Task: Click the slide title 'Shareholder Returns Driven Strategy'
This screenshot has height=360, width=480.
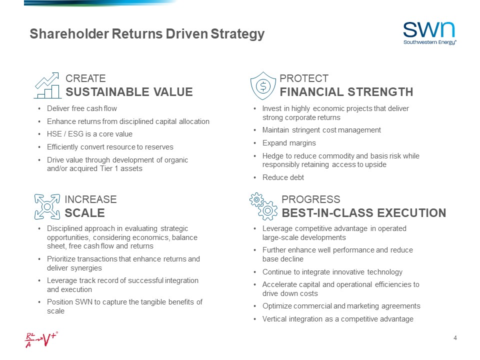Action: [146, 34]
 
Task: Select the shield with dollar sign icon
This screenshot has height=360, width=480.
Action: [262, 85]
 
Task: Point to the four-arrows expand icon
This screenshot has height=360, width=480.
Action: [47, 206]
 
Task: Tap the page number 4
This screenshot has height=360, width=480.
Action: [455, 338]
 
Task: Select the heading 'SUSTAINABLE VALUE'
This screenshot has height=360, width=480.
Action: [129, 92]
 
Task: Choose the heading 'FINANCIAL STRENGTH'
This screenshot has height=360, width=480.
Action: [346, 92]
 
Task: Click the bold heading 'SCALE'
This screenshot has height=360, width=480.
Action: [84, 213]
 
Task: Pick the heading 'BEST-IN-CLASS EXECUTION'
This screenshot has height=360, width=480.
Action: [363, 213]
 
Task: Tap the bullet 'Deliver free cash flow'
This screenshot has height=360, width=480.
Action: [81, 108]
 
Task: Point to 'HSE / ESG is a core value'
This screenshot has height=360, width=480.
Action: [89, 134]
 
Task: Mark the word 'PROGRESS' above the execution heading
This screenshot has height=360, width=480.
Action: [310, 199]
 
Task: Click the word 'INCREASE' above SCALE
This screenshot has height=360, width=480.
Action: [90, 199]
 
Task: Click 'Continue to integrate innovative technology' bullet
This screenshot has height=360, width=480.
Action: [332, 272]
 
